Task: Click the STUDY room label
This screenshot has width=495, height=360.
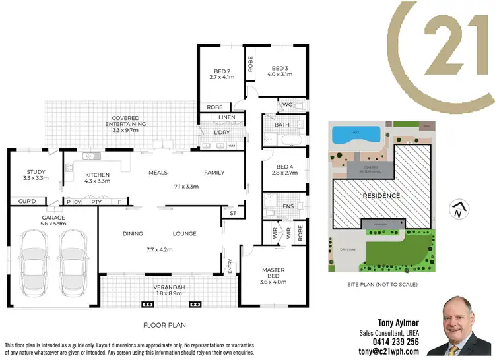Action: [32, 173]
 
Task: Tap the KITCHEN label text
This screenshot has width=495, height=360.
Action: [97, 175]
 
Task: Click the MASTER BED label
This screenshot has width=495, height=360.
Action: [273, 271]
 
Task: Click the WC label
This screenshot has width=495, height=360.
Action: [286, 104]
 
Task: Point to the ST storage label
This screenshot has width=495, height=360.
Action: [233, 214]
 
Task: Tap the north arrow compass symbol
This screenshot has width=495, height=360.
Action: [456, 210]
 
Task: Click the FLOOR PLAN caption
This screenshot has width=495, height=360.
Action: [164, 325]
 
